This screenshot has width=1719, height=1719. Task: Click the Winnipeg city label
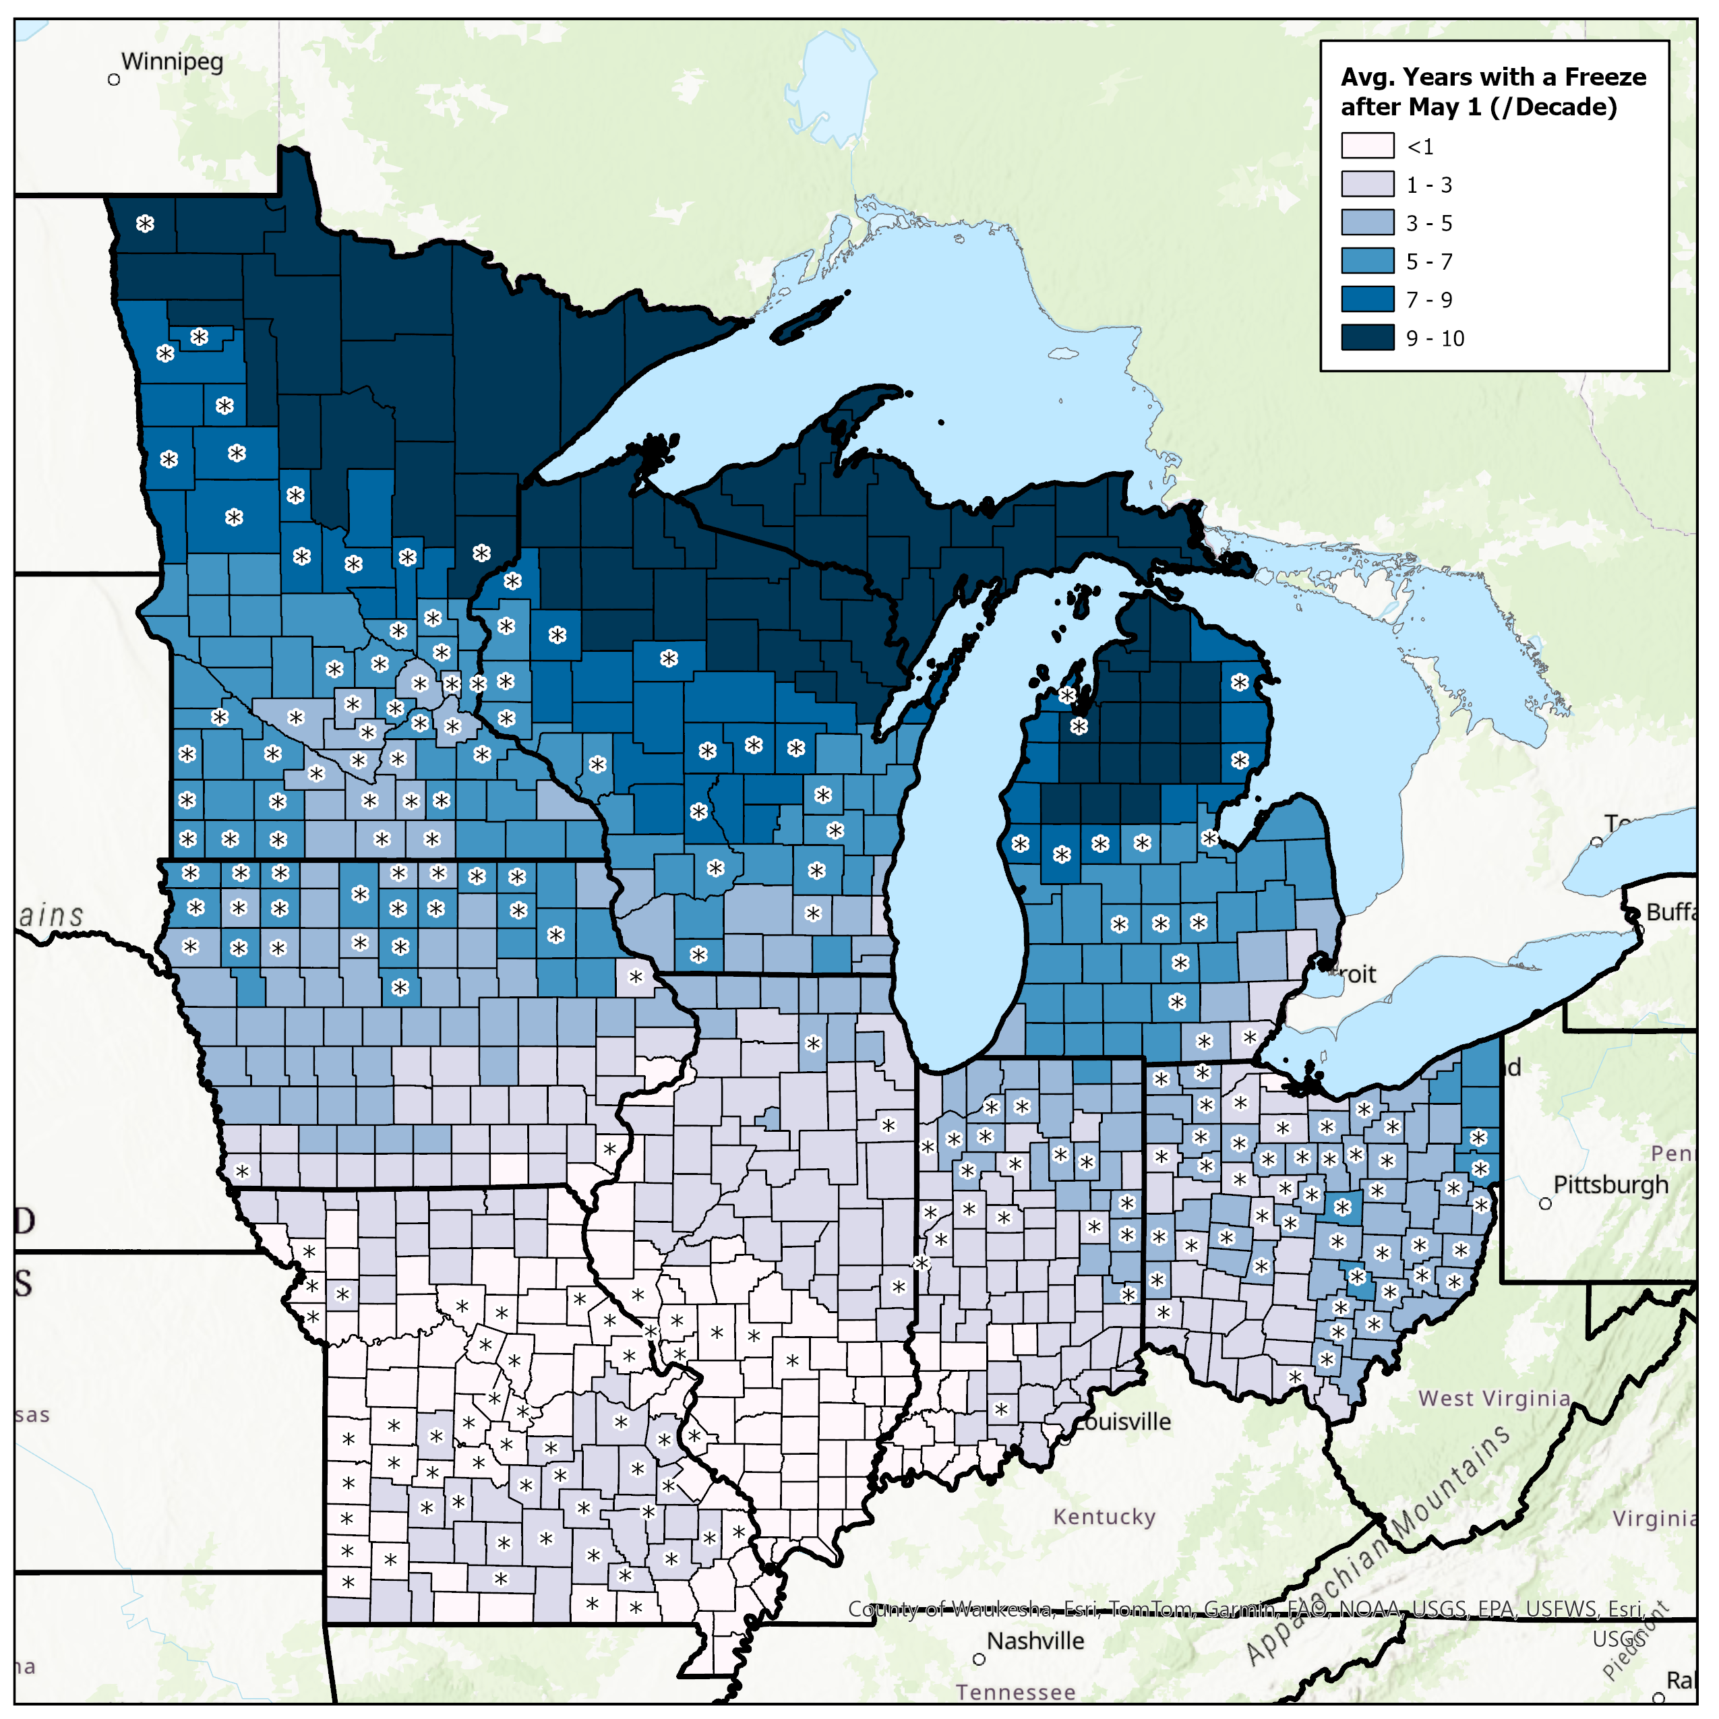[172, 62]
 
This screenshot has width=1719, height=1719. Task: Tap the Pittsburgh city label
[1610, 1184]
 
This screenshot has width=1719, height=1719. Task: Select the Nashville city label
[1035, 1640]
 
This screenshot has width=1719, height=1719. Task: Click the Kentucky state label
[1104, 1516]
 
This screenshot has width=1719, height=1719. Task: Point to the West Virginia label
[1494, 1398]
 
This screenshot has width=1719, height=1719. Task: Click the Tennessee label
[1015, 1691]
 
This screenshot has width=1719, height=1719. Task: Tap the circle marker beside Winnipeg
[114, 80]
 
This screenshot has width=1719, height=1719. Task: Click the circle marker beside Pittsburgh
[1546, 1204]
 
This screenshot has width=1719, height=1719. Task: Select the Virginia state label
[1654, 1518]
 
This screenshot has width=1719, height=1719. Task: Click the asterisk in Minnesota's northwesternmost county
[145, 223]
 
